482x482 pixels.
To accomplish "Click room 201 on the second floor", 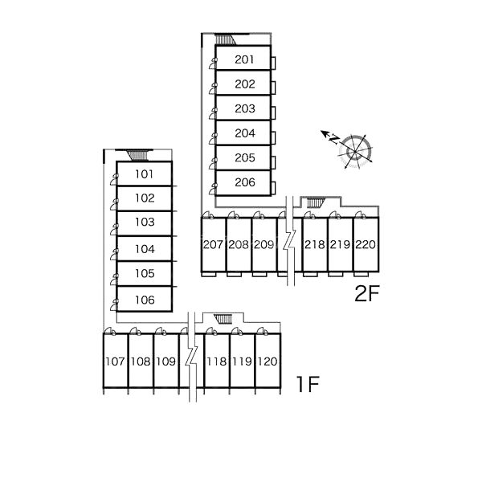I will pos(244,59).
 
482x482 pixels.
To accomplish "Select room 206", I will pos(244,182).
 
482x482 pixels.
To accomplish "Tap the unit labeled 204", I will pos(244,133).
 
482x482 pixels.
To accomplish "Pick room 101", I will pos(144,174).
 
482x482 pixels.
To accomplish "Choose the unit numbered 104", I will pos(144,249).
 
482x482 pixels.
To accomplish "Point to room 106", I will pos(144,300).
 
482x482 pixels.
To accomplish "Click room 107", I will pos(115,361).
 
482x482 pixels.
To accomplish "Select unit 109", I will pos(165,361).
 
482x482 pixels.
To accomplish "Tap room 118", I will pos(216,361).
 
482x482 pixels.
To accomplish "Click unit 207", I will pos(213,244).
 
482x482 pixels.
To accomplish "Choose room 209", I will pos(263,244).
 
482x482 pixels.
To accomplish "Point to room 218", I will pos(314,244).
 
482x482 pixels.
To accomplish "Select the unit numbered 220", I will pos(365,244).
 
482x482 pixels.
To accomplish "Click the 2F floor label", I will pos(366,294).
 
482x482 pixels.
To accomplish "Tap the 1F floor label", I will pos(308,385).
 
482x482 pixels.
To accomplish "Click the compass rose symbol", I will pos(353,149).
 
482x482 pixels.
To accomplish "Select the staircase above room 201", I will pos(228,39).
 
